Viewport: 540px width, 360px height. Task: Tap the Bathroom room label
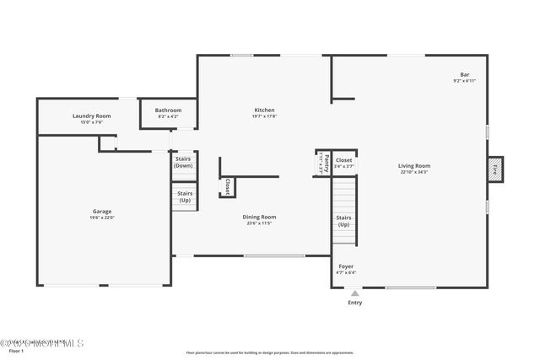tap(168, 110)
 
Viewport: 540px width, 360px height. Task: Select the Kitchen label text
tap(265, 110)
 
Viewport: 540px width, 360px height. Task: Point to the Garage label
tap(102, 211)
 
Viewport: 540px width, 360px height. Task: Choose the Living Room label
tap(414, 166)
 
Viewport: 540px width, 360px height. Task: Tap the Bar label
tap(464, 74)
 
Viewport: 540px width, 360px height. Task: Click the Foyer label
tap(346, 266)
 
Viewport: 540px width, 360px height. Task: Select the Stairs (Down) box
tap(183, 162)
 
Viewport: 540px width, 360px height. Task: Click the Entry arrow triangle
tap(354, 293)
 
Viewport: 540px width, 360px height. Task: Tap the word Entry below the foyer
tap(354, 303)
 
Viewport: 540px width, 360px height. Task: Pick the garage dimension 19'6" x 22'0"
tap(102, 218)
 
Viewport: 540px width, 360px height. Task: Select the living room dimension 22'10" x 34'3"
tap(414, 173)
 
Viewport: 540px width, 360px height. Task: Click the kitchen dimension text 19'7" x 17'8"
tap(265, 116)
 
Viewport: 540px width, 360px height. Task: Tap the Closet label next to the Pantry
tap(343, 159)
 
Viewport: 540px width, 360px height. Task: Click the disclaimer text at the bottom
tap(270, 352)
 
